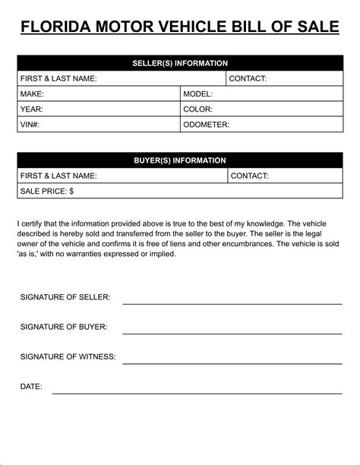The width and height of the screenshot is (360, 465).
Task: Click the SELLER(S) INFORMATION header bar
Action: [x=180, y=63]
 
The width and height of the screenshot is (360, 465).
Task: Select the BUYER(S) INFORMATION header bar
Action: [x=180, y=160]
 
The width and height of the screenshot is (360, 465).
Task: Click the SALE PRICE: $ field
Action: [x=180, y=191]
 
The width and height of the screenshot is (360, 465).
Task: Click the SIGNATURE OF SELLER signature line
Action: [x=232, y=302]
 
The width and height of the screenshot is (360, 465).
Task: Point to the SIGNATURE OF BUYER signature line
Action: [x=232, y=332]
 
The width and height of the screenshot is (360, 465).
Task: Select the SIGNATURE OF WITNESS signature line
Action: [x=232, y=362]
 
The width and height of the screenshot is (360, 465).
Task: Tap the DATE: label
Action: [x=31, y=387]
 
